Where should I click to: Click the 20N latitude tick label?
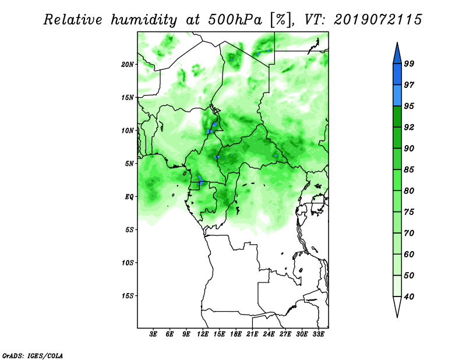[x=128, y=64]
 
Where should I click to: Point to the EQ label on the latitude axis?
[x=129, y=197]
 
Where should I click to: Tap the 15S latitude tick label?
[x=128, y=296]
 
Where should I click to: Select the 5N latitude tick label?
[x=129, y=164]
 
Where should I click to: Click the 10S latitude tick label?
[x=128, y=263]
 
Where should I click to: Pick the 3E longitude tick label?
[x=153, y=334]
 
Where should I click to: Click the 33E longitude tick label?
[x=318, y=334]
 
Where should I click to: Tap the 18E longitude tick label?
[x=236, y=334]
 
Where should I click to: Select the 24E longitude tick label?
[x=269, y=334]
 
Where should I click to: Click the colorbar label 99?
[x=409, y=63]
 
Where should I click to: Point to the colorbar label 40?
[x=409, y=297]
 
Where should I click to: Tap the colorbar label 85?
[x=409, y=170]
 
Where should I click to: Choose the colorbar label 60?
[x=409, y=254]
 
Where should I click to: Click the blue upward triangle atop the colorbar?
[x=397, y=55]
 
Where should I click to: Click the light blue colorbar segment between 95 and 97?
[x=397, y=96]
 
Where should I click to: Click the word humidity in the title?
[x=144, y=20]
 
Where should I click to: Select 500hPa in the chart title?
[x=235, y=20]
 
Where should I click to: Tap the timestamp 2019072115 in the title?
[x=377, y=20]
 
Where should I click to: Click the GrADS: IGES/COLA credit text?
[x=33, y=355]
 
